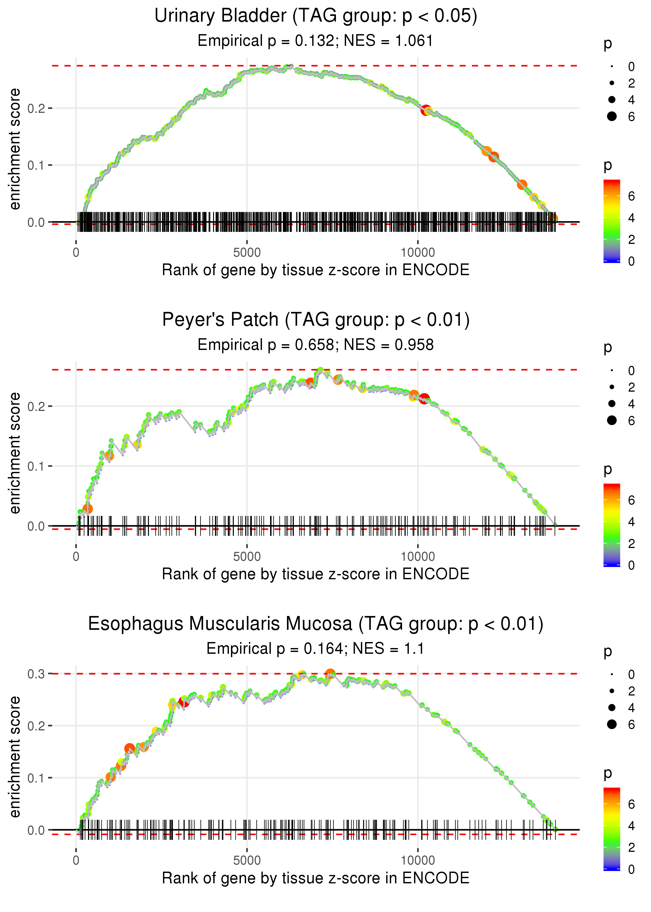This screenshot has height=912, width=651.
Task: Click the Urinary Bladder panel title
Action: (316, 16)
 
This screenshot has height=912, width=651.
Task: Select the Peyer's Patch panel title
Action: (316, 320)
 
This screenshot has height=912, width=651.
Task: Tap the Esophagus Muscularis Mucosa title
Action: (316, 624)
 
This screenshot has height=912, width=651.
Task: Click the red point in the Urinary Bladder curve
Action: (426, 110)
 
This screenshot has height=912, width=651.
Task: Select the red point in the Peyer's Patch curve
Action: (424, 399)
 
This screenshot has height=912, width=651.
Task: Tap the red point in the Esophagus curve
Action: (184, 703)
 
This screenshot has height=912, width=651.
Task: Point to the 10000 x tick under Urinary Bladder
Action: (418, 253)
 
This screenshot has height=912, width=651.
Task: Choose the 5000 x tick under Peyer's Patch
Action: (247, 557)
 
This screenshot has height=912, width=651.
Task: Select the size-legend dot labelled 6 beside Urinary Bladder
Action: (612, 116)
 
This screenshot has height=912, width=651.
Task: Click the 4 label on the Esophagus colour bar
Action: (631, 826)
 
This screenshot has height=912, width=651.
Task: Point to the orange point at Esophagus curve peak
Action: (330, 674)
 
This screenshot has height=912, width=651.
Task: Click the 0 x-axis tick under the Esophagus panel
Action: (76, 861)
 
